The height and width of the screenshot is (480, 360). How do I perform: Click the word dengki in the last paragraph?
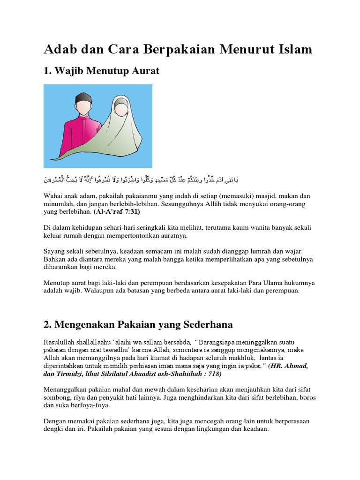53,429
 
